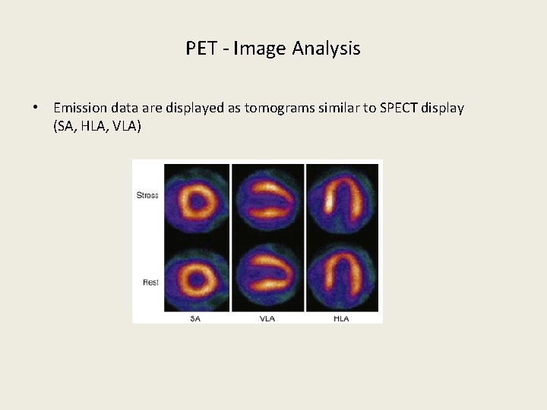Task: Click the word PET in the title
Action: tap(201, 49)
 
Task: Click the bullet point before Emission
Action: tap(36, 108)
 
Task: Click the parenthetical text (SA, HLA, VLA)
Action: tap(97, 127)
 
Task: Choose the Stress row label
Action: tap(147, 195)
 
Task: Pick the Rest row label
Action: tap(150, 282)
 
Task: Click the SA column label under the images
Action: tap(196, 318)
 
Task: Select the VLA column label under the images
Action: tap(267, 318)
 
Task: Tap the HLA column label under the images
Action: tap(341, 318)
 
